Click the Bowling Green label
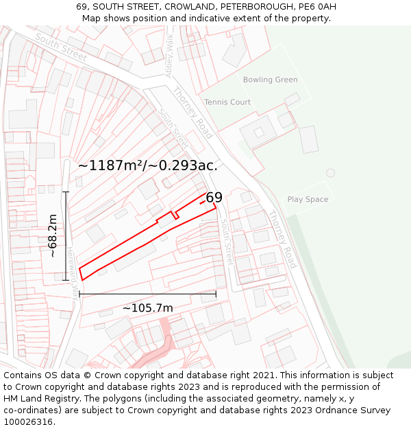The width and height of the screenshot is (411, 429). coord(270,80)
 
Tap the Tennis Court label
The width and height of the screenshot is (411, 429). coord(227,102)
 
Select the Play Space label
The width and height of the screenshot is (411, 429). coord(308,200)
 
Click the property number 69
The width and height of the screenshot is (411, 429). coord(214,198)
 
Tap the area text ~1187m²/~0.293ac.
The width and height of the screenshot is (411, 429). coord(148,165)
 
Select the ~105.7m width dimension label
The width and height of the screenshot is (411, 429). coord(147,308)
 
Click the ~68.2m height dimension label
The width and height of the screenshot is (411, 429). coord(53,235)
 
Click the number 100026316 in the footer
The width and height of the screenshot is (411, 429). coord(28,421)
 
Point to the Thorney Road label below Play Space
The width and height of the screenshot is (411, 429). coord(281,239)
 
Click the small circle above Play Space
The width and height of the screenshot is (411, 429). coord(331,173)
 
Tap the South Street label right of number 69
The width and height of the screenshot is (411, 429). coord(226,242)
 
